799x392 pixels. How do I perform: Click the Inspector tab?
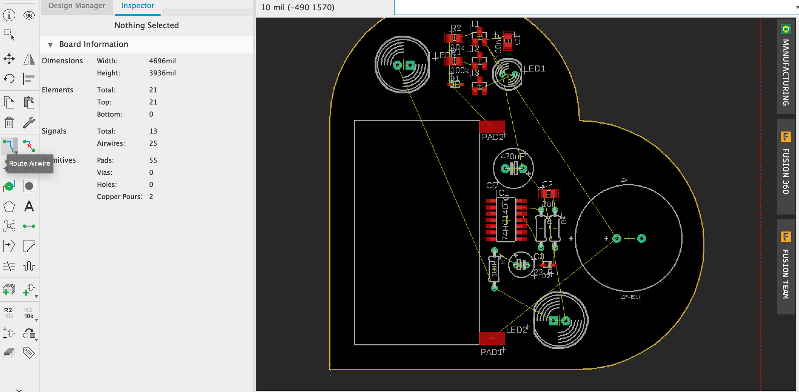pos(137,6)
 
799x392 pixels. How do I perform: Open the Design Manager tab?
pos(77,6)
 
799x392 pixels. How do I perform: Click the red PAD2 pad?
pos(492,127)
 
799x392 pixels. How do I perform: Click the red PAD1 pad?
pos(492,338)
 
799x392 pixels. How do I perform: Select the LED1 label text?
pos(534,69)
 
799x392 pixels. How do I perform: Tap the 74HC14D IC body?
pos(506,220)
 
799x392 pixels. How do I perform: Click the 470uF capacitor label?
pos(512,156)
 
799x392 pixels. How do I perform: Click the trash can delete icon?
pos(9,122)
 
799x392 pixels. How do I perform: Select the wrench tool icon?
pos(29,122)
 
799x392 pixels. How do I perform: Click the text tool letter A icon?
pos(29,207)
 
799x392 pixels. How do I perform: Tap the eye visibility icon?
pos(29,15)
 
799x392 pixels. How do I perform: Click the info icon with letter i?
pos(9,15)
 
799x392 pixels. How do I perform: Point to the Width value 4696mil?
pos(162,61)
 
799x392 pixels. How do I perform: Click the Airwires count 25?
pos(153,143)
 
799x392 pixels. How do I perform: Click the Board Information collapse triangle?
pos(50,45)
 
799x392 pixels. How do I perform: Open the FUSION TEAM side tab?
pos(786,266)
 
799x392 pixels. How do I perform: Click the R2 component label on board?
pos(455,28)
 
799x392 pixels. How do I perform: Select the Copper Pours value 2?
pos(151,197)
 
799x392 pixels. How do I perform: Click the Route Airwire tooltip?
pos(30,163)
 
